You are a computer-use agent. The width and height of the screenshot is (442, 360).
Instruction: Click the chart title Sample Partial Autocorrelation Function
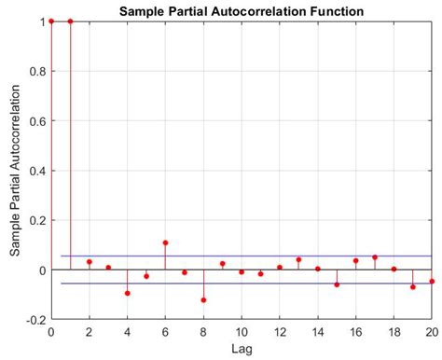tap(241, 10)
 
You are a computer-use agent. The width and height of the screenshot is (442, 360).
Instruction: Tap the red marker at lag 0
tap(51, 21)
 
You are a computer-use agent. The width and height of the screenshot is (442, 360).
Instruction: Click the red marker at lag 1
tap(70, 21)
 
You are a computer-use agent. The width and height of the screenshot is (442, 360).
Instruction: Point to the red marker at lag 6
tap(165, 242)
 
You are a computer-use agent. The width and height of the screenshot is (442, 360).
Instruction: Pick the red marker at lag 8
tap(203, 300)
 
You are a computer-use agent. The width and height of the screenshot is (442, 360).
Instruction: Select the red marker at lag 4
tap(127, 293)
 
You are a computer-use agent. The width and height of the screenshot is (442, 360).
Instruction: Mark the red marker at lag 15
tap(337, 284)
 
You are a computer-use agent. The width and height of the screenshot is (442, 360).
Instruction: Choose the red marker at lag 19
tap(413, 287)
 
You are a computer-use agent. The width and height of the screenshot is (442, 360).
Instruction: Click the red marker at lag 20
tap(432, 281)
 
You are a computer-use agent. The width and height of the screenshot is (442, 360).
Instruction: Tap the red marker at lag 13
tap(298, 259)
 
